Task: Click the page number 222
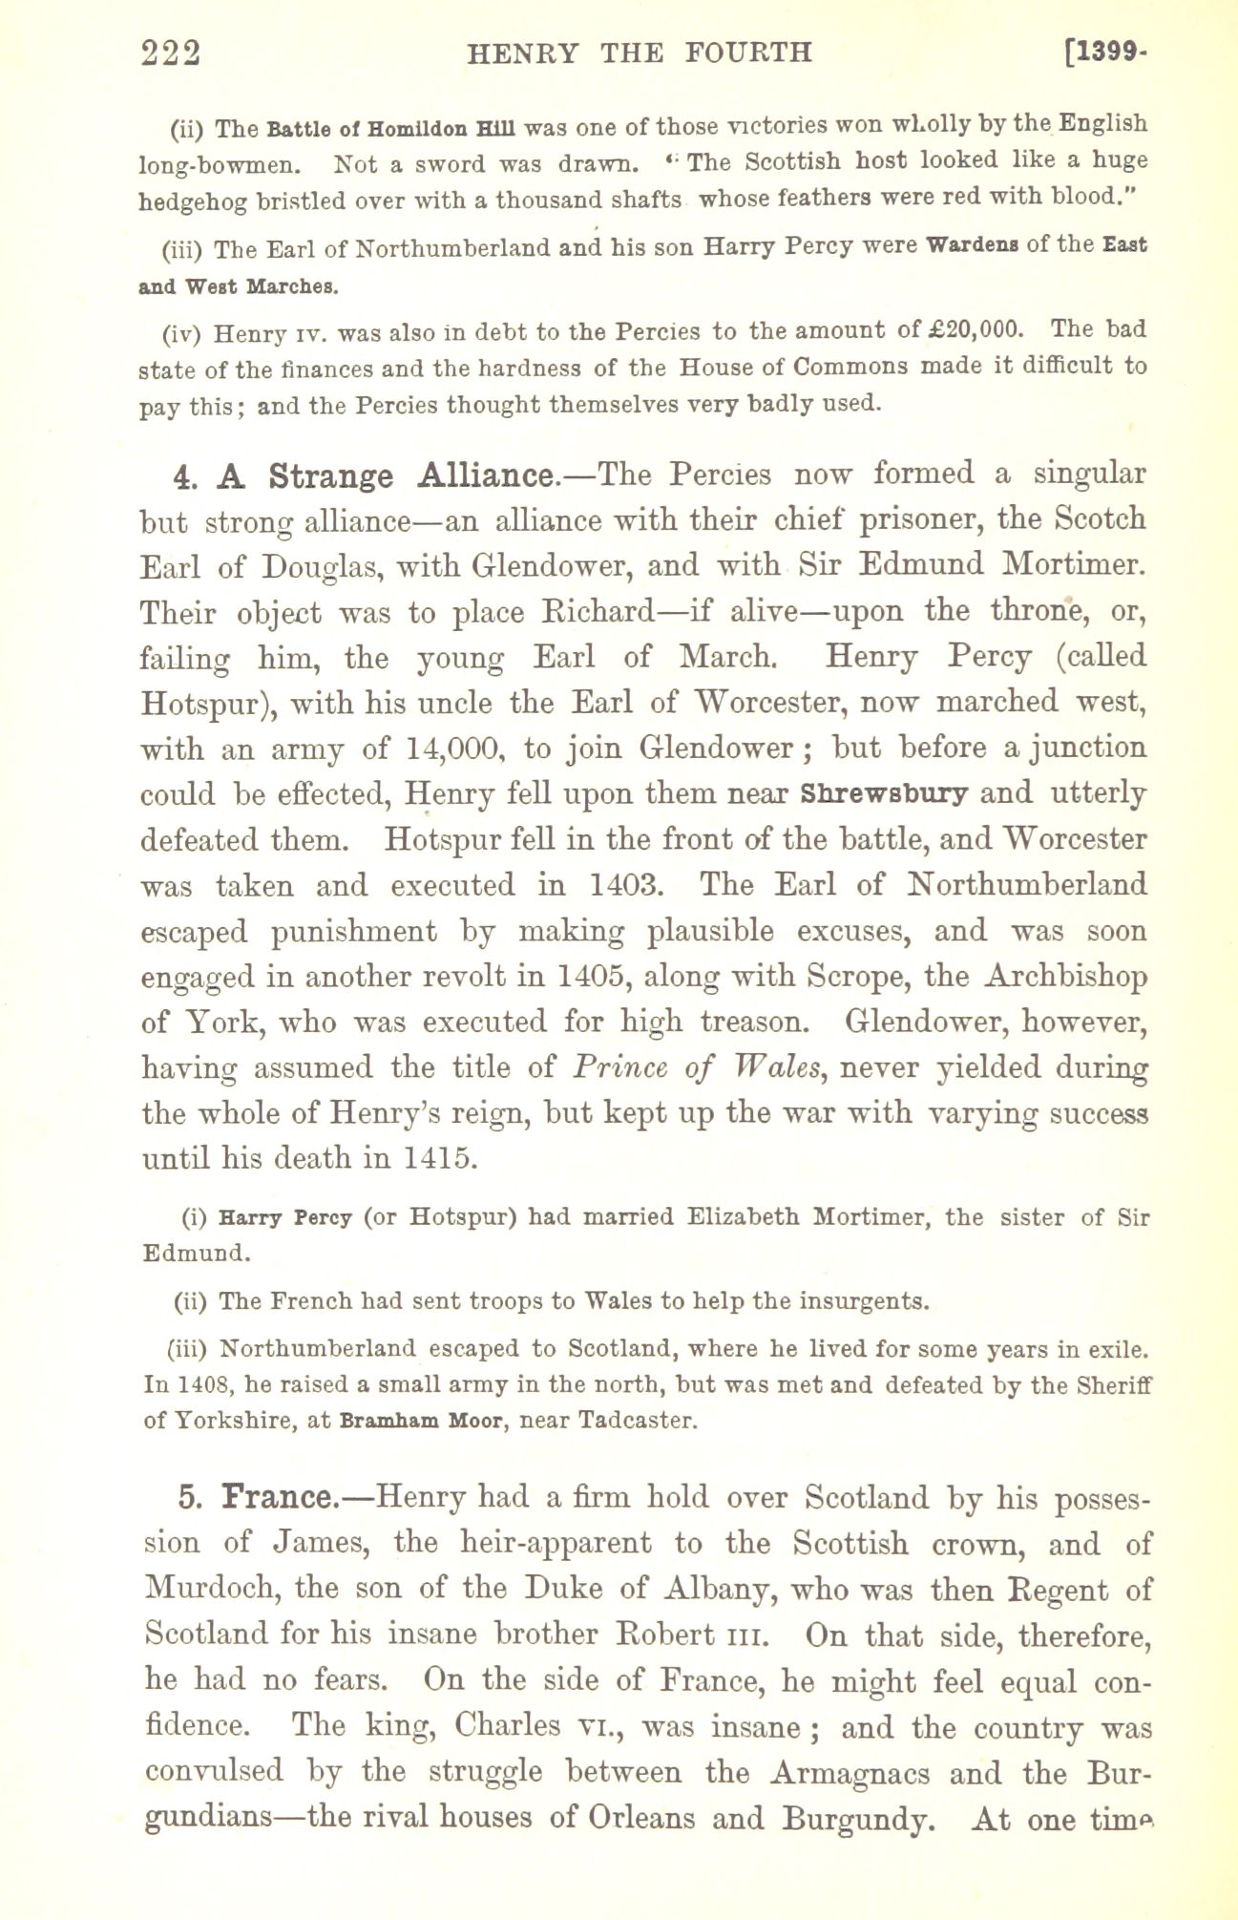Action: click(x=171, y=53)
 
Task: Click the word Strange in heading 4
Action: click(x=329, y=476)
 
